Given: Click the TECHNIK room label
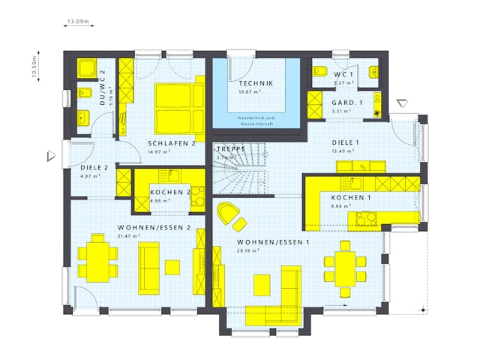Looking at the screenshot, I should [256, 83].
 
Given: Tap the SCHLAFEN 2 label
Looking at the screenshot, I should [172, 142].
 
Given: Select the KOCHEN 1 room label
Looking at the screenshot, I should [351, 197].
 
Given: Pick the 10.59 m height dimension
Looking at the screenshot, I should [34, 66].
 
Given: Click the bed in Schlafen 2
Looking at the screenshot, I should [179, 105].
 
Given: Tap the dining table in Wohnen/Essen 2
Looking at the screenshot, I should [98, 259].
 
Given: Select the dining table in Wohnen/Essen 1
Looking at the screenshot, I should [344, 263].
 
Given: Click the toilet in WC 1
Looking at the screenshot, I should [318, 73].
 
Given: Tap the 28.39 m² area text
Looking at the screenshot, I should [247, 251].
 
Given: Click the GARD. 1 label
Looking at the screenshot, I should [347, 102].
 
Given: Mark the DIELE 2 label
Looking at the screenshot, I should [94, 167].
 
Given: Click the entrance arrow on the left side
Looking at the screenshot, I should [51, 155].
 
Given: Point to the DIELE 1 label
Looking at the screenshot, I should [346, 142].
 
